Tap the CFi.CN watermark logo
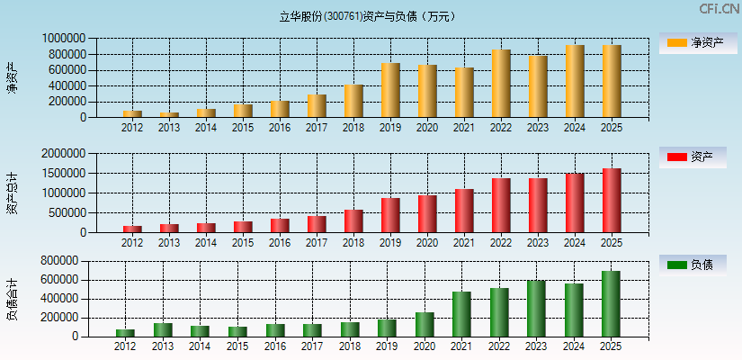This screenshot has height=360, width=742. (x=720, y=9)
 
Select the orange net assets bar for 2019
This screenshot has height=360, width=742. (x=390, y=90)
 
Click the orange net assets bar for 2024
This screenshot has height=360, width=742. (x=575, y=81)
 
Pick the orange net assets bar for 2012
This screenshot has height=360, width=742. (x=132, y=113)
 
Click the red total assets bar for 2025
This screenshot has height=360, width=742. (x=612, y=200)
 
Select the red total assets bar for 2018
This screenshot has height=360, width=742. (x=353, y=220)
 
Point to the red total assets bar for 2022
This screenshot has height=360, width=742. (x=501, y=205)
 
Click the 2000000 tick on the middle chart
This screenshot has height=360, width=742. (x=64, y=154)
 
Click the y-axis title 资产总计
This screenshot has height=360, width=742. (x=12, y=193)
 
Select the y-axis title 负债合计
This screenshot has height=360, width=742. (x=12, y=300)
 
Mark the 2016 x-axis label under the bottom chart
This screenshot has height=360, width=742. (x=274, y=346)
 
